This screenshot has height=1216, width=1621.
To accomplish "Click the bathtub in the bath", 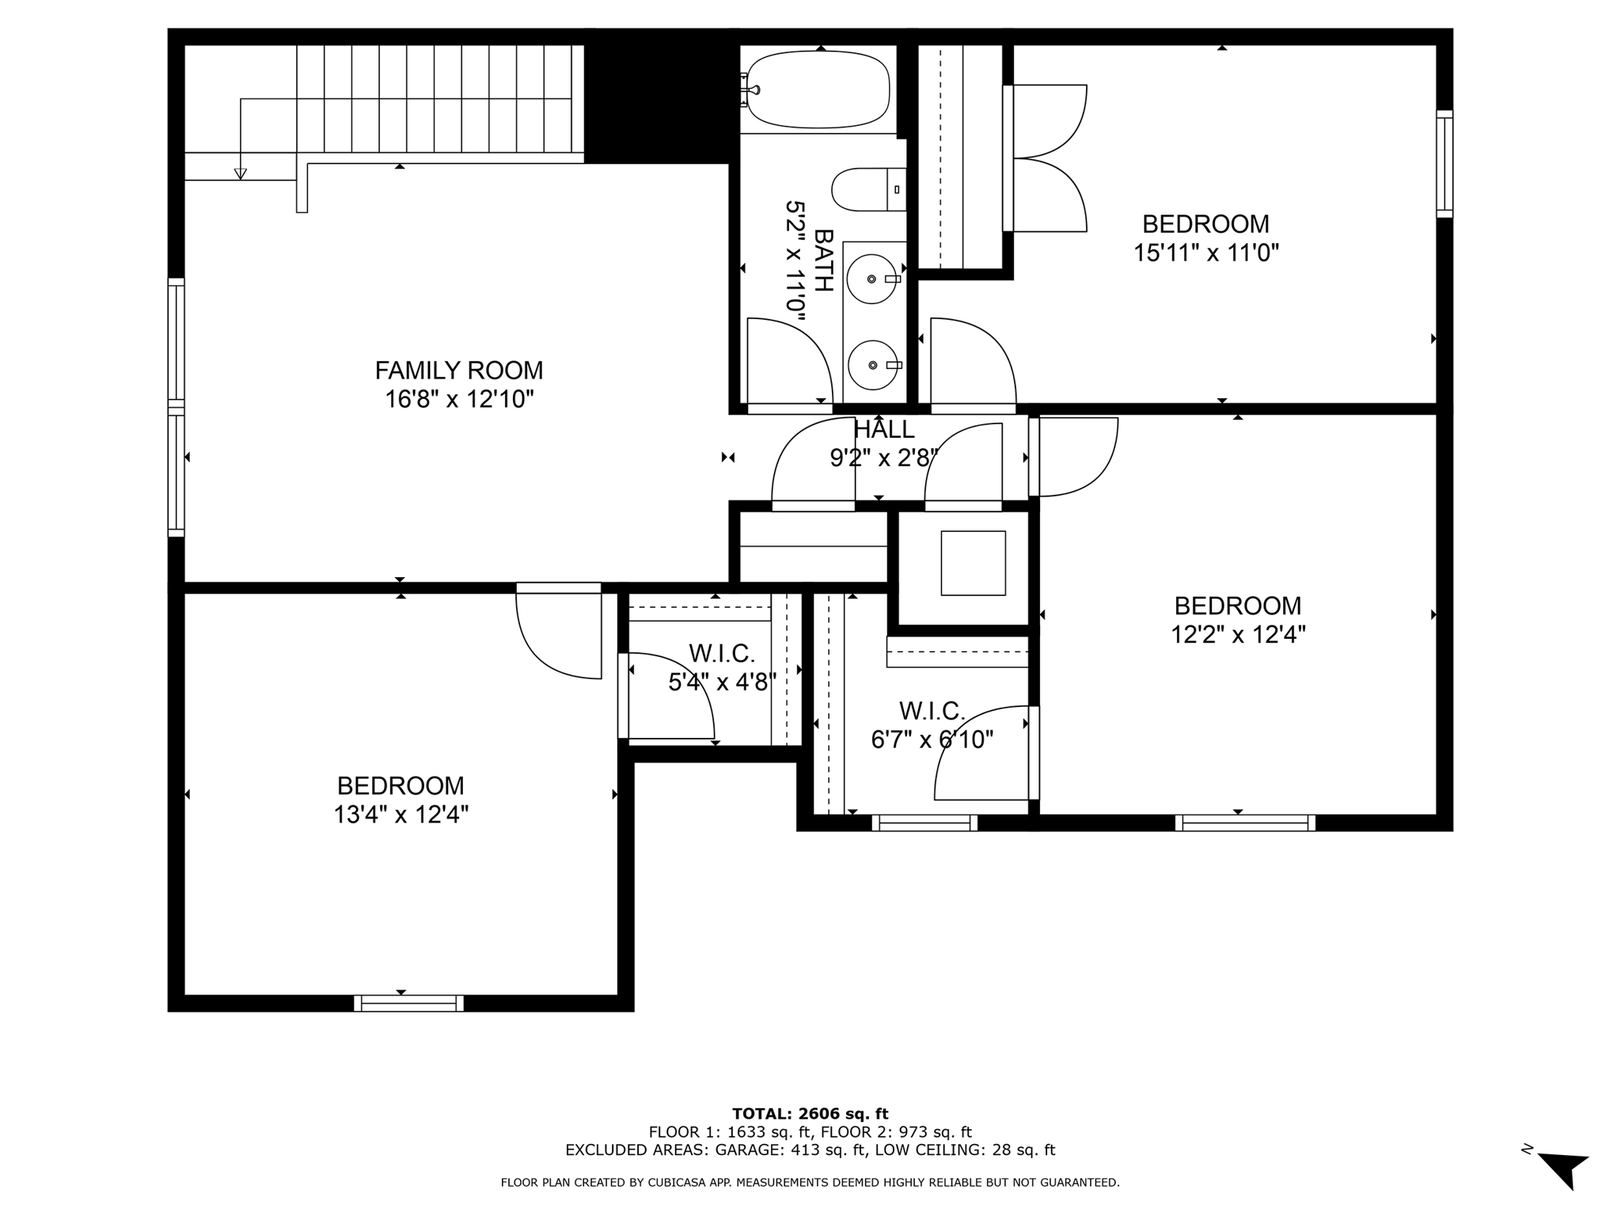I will point(819,89).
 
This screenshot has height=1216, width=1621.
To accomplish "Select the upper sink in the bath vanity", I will point(872,279).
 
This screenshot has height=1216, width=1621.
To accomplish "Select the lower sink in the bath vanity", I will point(873,365).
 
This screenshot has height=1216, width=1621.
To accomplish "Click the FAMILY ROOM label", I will point(458,370).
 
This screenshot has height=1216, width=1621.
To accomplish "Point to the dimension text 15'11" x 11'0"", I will point(1205,253).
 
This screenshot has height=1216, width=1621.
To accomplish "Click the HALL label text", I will point(883,430).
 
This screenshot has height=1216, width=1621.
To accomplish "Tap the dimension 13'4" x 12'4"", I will point(401,815).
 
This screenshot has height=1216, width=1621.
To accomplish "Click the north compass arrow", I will point(1563,1168).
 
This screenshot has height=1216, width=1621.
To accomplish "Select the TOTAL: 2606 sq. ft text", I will point(810,1114).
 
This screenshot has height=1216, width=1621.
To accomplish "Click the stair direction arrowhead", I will point(241,173).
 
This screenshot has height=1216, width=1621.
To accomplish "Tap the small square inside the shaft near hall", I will point(973,563).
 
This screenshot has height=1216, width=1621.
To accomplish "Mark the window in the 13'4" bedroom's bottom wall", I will point(408,1004).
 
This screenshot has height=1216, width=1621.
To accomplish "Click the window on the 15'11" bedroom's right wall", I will point(1444,164).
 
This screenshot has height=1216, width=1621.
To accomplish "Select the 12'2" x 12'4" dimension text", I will point(1237,635).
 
